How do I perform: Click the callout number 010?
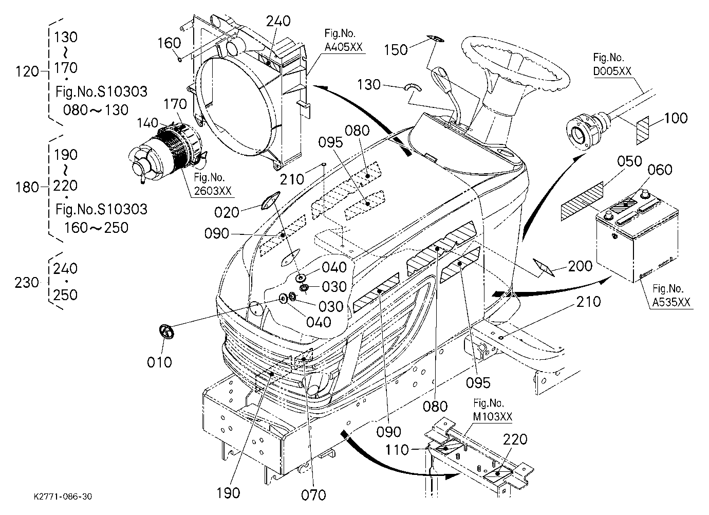click(159, 362)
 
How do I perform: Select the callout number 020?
click(227, 212)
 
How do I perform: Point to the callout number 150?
click(396, 50)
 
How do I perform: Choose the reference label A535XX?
click(671, 303)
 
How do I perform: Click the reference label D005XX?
click(612, 71)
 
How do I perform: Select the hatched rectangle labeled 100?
click(643, 130)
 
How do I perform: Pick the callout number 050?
click(629, 161)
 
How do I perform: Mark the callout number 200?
click(580, 266)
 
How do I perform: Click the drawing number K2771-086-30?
click(63, 496)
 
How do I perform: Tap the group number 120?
click(27, 72)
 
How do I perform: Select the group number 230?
click(27, 283)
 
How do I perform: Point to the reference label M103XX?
click(493, 417)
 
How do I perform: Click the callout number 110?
click(397, 450)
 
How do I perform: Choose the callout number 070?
click(313, 495)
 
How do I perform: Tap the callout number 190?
click(228, 493)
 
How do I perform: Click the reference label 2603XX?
click(213, 191)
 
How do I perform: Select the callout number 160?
click(170, 43)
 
